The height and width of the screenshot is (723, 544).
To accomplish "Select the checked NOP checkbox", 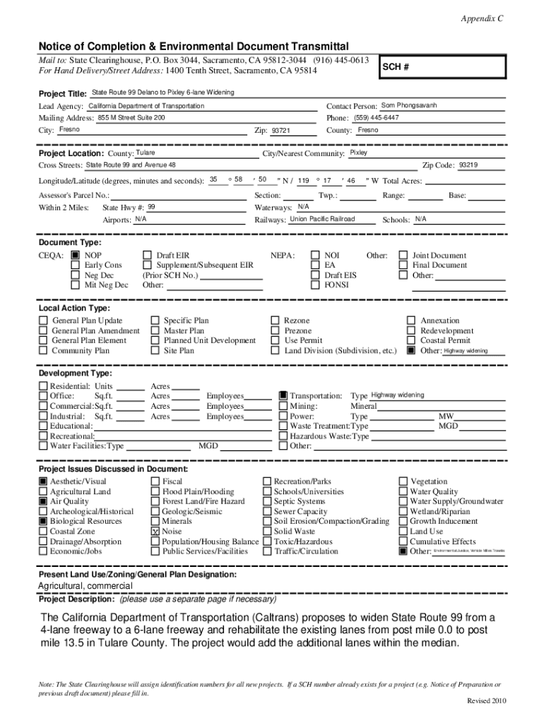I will pos(75,256).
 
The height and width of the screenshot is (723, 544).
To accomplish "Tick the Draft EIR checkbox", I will pos(147,256).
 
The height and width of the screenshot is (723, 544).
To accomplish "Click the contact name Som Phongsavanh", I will pos(409,106).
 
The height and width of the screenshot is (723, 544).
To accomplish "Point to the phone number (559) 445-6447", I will pos(377,118).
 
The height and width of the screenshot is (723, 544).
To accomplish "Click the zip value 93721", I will pos(281,131).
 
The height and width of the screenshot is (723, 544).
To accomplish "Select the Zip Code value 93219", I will pos(468,165).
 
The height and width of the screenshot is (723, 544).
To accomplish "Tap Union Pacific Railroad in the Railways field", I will pos(322,220).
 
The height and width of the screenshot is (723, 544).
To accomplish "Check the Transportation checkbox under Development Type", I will pos(283,396).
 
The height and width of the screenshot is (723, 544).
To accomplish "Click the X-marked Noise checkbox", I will pos(155,531).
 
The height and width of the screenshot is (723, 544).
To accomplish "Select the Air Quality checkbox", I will pos(43,501).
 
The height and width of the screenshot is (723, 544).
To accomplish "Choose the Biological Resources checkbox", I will pos(43,521).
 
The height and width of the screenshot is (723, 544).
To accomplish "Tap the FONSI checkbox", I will pos(316,285).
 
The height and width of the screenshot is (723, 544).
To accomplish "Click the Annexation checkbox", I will pos(410,321).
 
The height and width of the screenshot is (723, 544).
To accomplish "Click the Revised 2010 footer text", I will pos(487,700).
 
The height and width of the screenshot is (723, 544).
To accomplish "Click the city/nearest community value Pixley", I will pos(358,153).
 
